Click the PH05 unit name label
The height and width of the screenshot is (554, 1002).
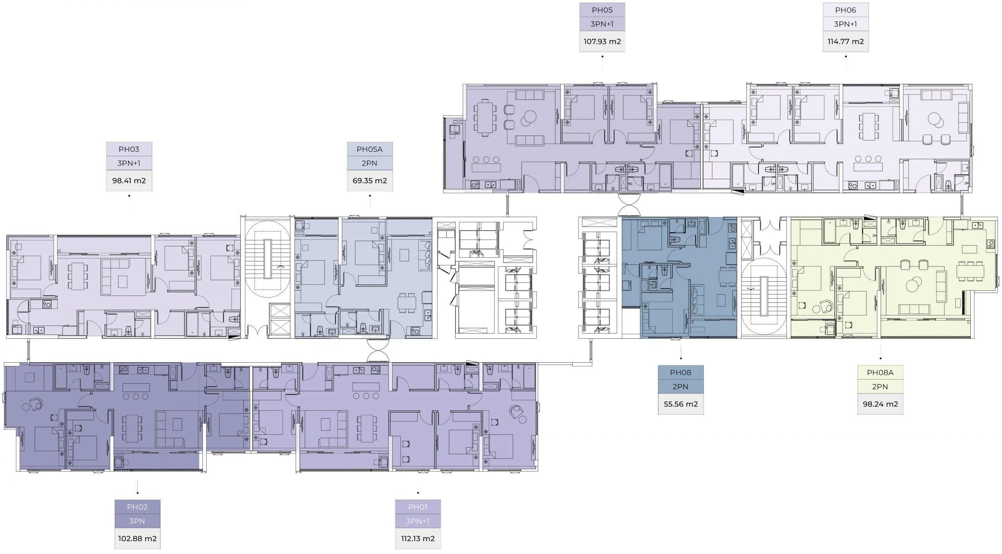click(x=602, y=10)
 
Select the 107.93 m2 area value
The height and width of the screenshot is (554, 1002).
click(x=602, y=41)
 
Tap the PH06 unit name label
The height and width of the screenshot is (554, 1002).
click(x=845, y=10)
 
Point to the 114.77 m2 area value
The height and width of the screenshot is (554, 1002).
click(x=845, y=41)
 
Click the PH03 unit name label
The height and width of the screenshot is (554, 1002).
click(x=129, y=149)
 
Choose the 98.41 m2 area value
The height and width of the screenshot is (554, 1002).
click(x=129, y=181)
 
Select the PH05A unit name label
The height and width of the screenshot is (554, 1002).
click(x=369, y=149)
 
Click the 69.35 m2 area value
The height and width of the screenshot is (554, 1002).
click(x=369, y=181)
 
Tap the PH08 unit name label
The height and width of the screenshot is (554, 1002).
click(x=680, y=372)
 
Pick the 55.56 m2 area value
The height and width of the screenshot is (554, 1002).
click(x=680, y=404)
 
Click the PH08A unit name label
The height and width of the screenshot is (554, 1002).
click(x=880, y=372)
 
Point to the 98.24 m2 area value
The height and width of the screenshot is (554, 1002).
click(x=880, y=404)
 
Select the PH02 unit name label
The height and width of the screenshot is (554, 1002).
click(x=137, y=507)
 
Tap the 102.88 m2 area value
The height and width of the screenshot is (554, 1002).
click(x=137, y=539)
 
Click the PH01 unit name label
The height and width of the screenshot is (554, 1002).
click(x=418, y=507)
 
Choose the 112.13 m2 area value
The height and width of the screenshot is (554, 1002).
click(x=418, y=539)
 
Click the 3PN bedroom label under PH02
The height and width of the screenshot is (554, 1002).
click(x=137, y=521)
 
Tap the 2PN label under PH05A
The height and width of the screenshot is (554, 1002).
click(x=369, y=163)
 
